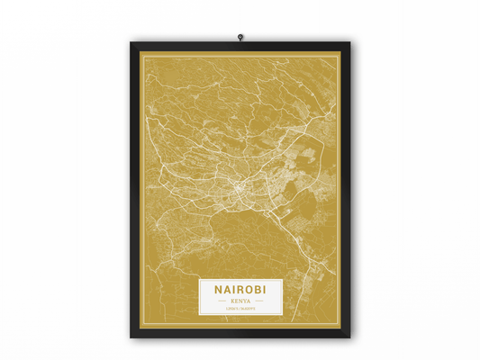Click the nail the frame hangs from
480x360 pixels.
[240, 37]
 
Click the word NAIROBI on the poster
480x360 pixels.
[240, 290]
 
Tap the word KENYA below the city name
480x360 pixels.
[240, 301]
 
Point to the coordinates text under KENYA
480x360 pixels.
[240, 309]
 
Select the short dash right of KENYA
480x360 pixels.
[259, 301]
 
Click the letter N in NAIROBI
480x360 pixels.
[219, 290]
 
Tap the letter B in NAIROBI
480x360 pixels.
[257, 290]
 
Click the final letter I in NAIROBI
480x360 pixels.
[265, 290]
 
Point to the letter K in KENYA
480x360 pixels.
[231, 301]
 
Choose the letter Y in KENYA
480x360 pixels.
[245, 301]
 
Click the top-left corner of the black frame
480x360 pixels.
[131, 41]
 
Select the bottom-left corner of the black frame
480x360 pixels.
[131, 337]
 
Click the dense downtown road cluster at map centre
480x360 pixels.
[236, 189]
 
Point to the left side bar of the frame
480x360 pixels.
[134, 189]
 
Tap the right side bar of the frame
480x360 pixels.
[347, 189]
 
